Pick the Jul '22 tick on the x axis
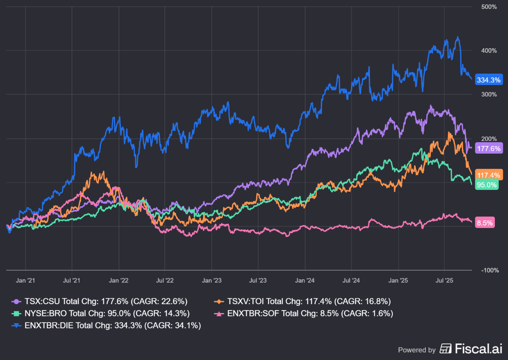165,280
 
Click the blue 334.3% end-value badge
489,80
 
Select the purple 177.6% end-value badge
489,148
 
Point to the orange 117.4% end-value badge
489,174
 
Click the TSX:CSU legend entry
99,301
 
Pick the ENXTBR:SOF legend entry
304,313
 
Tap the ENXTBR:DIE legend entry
105,325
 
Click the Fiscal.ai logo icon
445,349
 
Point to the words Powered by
417,350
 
